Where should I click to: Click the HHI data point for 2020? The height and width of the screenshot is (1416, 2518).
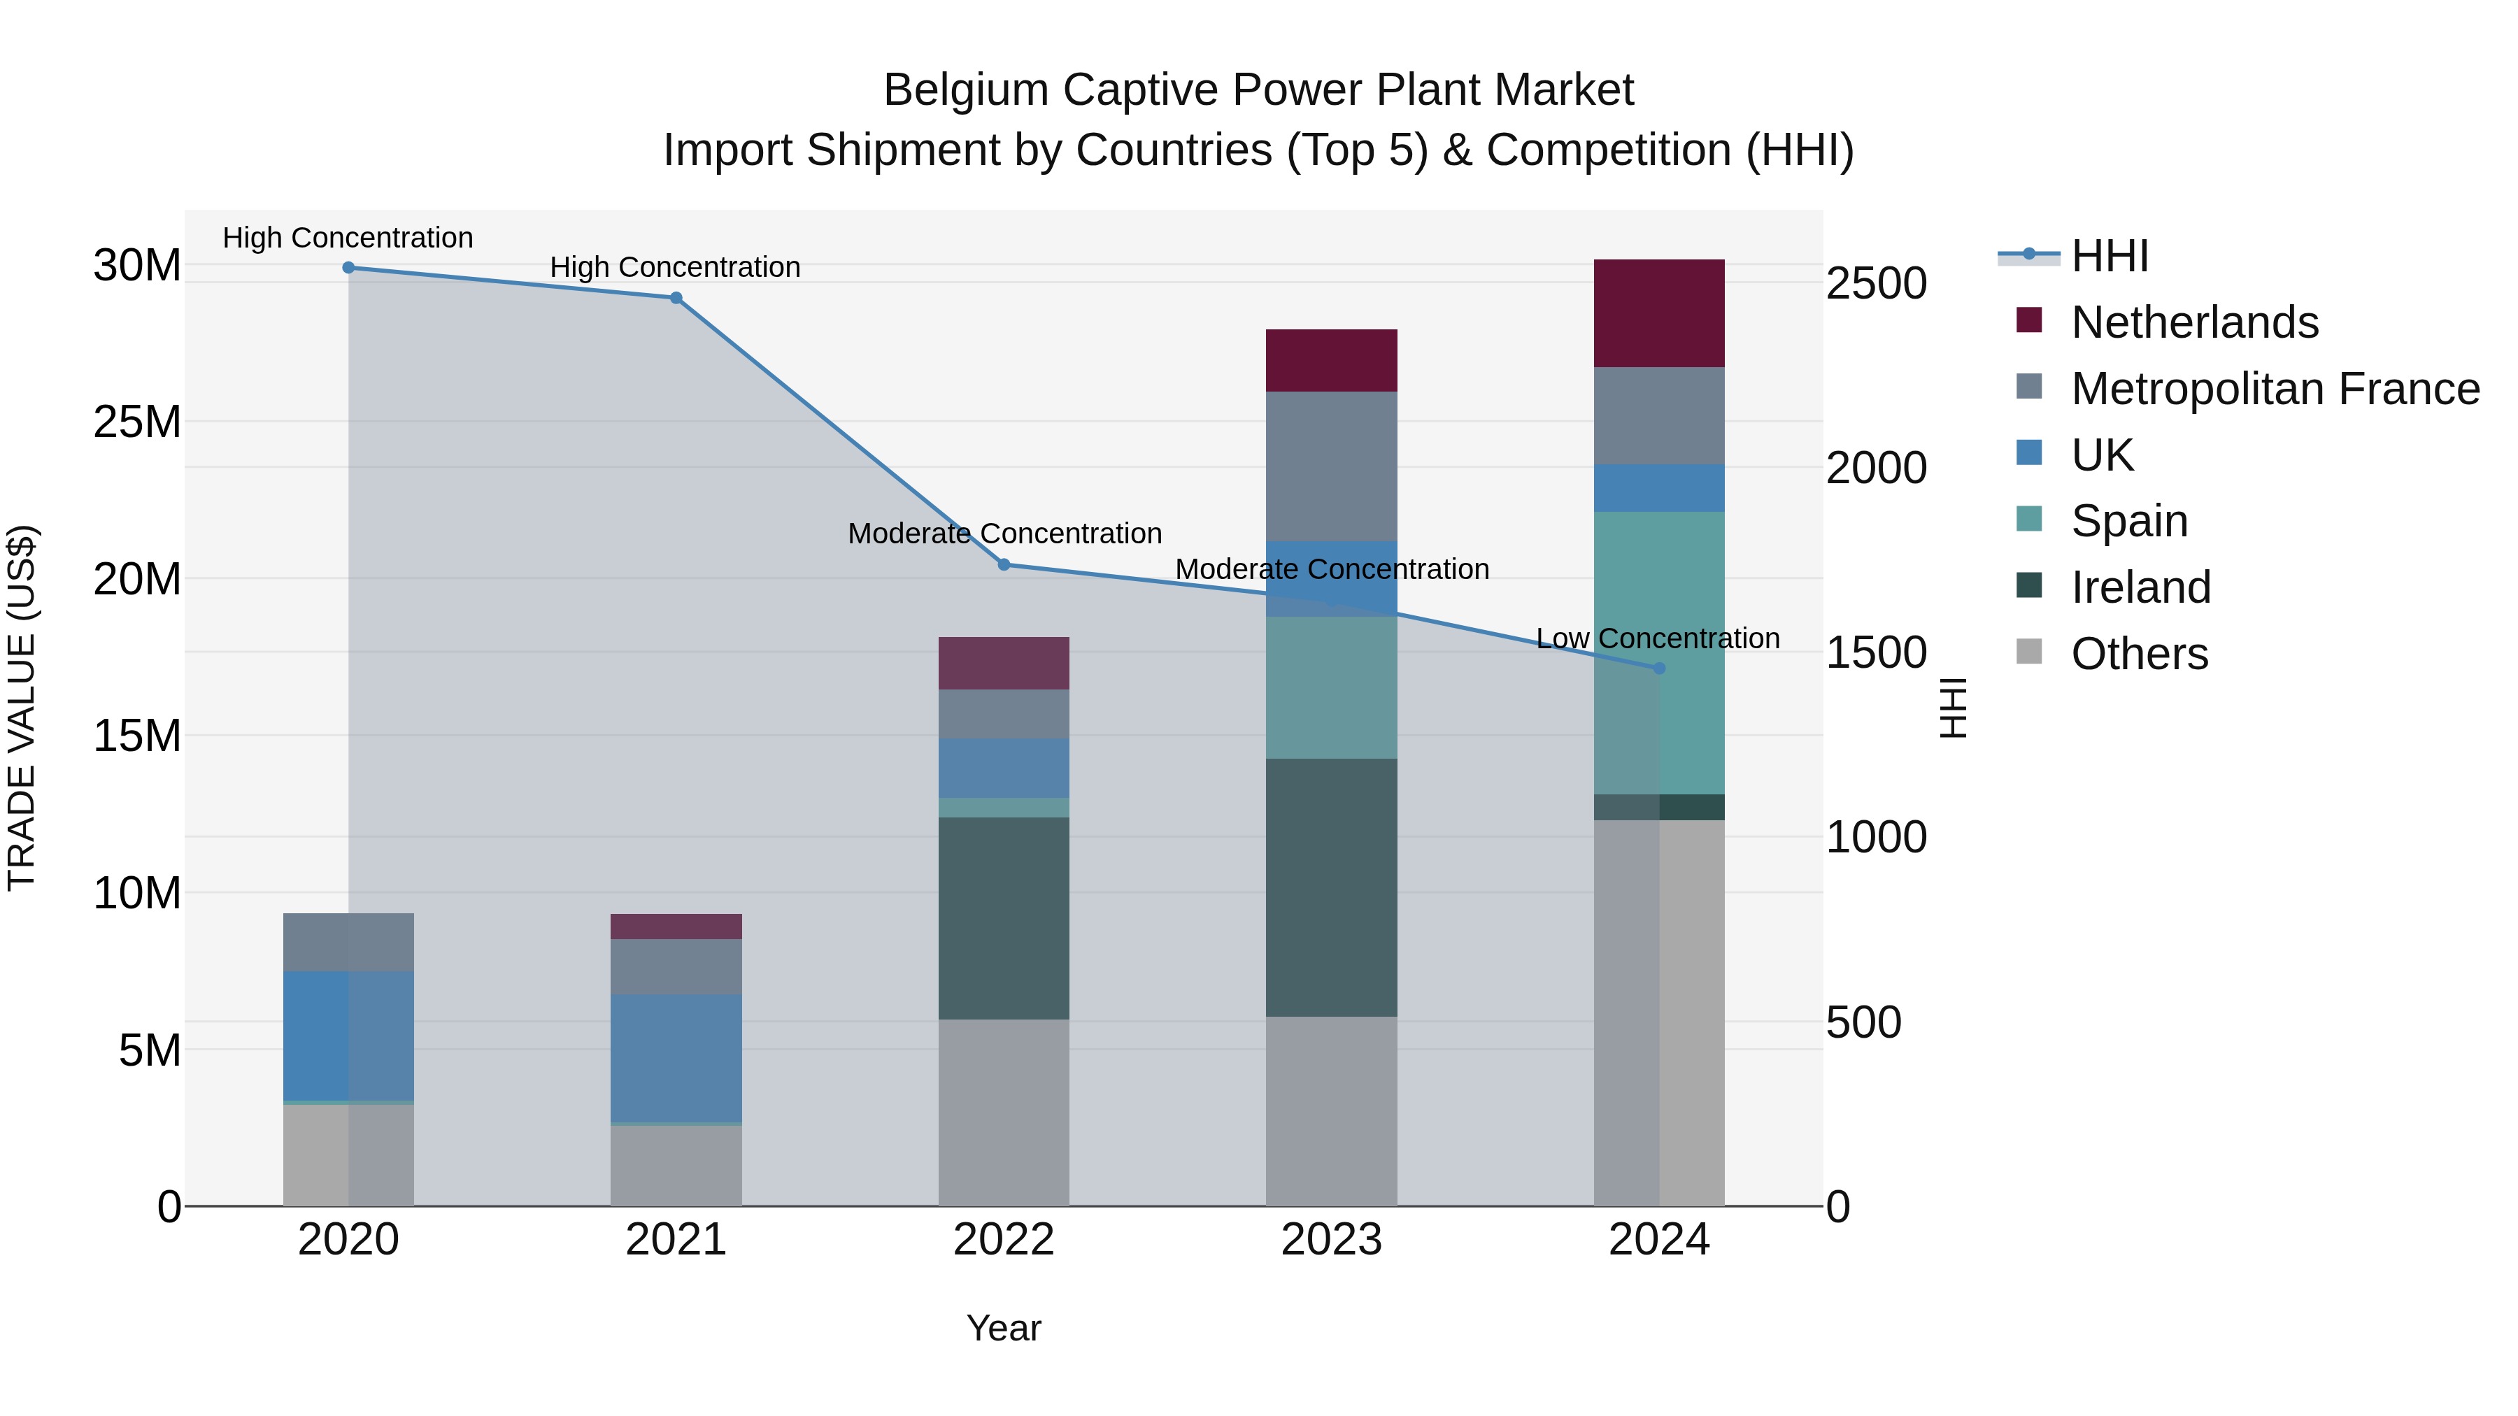coord(348,268)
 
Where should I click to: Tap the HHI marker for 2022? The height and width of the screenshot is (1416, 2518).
coord(1004,565)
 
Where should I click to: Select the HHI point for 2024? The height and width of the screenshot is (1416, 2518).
coord(1659,668)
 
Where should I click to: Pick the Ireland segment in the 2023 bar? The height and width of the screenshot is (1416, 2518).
coord(1331,887)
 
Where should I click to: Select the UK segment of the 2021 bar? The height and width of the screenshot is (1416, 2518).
coord(676,1059)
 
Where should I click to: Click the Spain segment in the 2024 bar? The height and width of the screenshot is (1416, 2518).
coord(1691,653)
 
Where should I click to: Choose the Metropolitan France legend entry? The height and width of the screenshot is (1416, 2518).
coord(2275,389)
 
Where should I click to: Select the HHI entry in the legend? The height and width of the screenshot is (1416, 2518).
coord(2110,256)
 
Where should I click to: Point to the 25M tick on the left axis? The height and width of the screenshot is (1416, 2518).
coord(137,422)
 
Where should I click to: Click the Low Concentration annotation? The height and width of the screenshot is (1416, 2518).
coord(1658,638)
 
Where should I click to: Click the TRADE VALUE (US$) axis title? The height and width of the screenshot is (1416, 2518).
coord(22,708)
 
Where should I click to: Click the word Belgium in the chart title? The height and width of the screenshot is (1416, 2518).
coord(966,90)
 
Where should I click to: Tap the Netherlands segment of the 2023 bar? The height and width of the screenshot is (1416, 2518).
coord(1331,361)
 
